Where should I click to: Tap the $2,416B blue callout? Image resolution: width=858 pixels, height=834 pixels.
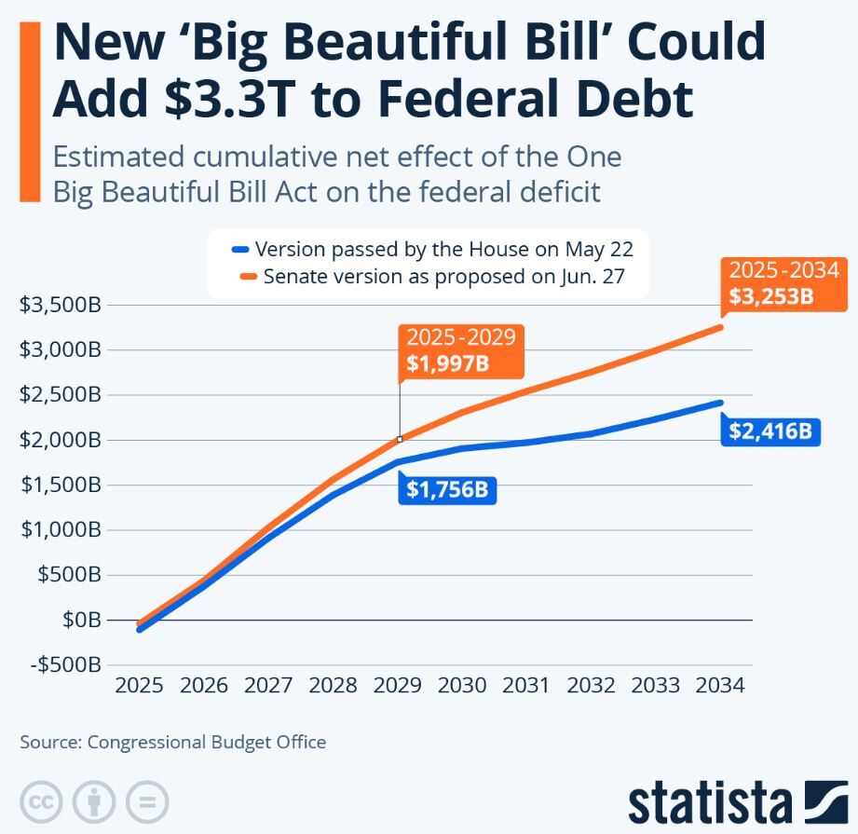click(x=769, y=431)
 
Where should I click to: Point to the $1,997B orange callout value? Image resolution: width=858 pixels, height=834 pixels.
click(x=448, y=362)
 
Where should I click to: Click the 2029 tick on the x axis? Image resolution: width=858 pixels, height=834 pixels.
click(x=398, y=685)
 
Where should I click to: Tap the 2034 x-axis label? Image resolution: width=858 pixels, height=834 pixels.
click(x=720, y=685)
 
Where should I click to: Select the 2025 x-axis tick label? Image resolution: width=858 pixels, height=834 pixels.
click(x=139, y=685)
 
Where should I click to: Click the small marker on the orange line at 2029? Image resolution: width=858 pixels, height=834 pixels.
click(x=400, y=439)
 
